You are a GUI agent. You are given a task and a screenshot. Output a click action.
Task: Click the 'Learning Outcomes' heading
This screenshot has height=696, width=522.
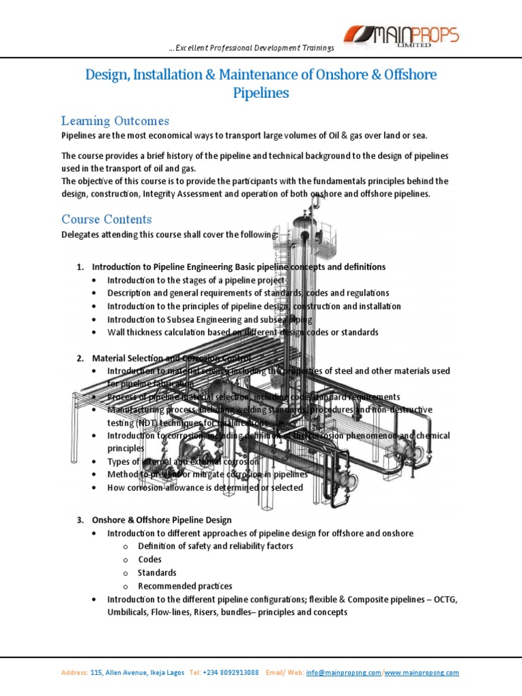click(x=115, y=121)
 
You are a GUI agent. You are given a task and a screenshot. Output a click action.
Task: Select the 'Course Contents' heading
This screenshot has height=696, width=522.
click(x=107, y=220)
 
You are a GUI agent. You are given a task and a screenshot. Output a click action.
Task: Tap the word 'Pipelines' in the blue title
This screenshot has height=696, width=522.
click(x=261, y=92)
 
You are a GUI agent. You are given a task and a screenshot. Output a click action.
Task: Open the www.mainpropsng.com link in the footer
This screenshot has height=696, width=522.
click(x=422, y=654)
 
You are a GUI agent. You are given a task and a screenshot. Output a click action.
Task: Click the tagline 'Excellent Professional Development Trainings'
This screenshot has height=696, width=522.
click(x=251, y=48)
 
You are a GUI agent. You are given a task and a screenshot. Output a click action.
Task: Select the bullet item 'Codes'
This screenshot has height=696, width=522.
click(x=150, y=559)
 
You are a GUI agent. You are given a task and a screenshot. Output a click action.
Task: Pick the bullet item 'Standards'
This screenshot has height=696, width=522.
click(x=157, y=572)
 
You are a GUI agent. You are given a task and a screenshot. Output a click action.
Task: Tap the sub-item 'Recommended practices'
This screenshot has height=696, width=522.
click(x=185, y=586)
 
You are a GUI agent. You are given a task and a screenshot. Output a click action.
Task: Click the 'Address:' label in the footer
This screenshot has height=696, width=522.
click(x=75, y=654)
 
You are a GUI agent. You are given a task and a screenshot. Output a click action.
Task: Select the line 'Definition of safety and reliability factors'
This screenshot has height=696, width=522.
click(x=215, y=546)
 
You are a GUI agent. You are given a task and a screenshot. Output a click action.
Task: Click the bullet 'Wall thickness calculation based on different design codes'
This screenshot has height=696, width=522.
click(x=242, y=332)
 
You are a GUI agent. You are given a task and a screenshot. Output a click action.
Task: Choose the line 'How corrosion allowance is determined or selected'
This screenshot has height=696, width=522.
click(x=205, y=487)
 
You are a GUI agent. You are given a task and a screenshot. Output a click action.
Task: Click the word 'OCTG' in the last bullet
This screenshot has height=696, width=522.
click(x=446, y=599)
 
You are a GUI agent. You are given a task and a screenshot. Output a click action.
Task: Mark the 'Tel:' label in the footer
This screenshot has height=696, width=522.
click(x=195, y=654)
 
